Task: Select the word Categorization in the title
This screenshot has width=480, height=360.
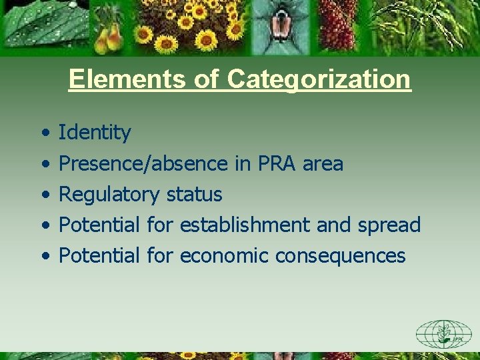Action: click(x=319, y=79)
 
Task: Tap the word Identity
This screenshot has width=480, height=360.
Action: click(x=95, y=133)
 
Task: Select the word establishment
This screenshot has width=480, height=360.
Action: click(x=244, y=225)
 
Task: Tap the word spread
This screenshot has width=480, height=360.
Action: click(x=389, y=225)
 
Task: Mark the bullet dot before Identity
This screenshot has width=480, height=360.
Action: click(x=44, y=133)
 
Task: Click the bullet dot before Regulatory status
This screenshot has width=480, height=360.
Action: click(x=44, y=195)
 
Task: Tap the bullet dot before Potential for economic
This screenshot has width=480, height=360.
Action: click(x=44, y=256)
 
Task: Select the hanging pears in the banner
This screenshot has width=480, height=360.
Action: click(x=109, y=37)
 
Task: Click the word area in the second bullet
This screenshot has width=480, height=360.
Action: click(x=323, y=163)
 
